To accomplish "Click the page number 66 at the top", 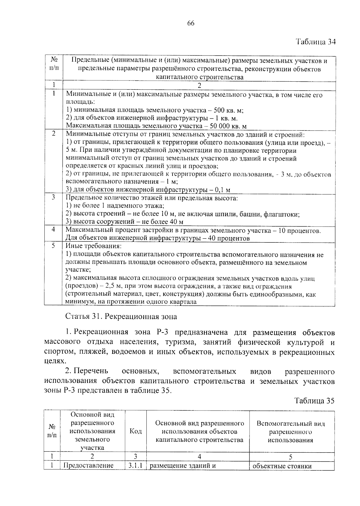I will [x=191, y=24].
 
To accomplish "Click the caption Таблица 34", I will [x=315, y=42].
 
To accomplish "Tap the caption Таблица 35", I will [x=314, y=401].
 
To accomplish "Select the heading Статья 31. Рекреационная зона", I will [x=121, y=316].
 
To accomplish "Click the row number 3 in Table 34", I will [x=53, y=197].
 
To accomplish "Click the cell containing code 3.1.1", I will [x=135, y=465].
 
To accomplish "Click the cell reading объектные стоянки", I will [x=282, y=466].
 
